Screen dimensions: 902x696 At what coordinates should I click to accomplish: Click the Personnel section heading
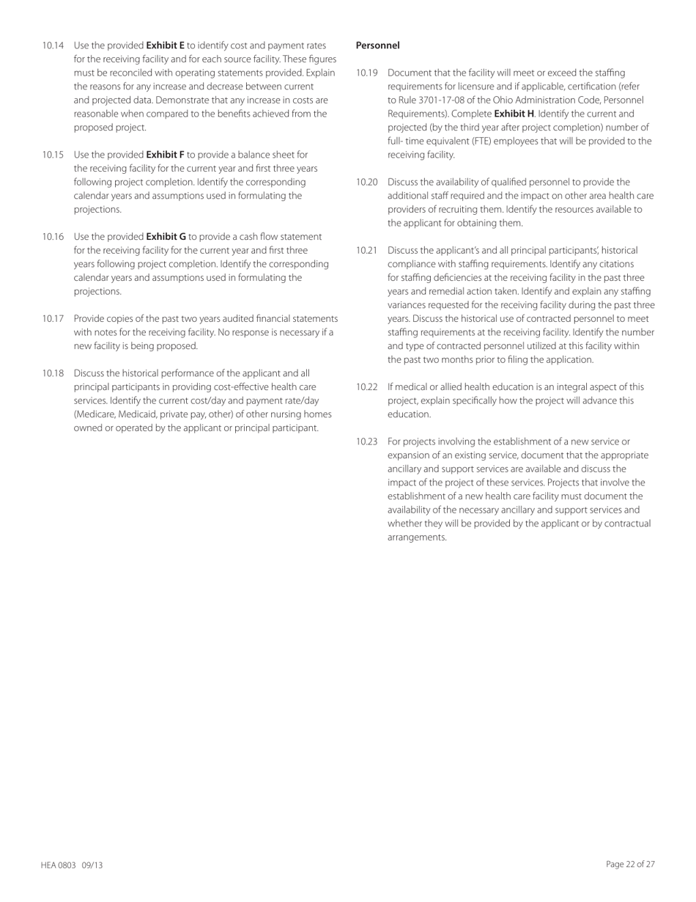click(377, 45)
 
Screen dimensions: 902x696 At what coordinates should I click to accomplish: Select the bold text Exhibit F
click(165, 154)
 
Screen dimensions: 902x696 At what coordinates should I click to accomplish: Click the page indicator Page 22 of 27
click(630, 864)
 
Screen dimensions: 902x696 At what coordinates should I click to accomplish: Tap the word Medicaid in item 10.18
click(137, 414)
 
